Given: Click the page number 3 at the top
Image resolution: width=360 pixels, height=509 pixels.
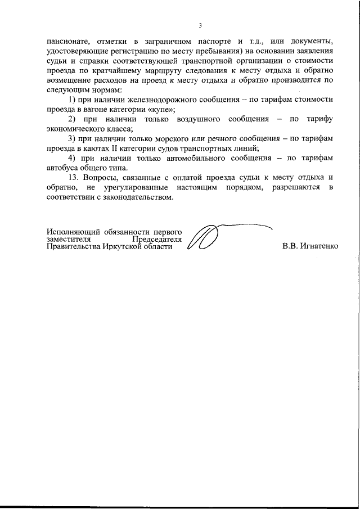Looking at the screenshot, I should coord(200,25).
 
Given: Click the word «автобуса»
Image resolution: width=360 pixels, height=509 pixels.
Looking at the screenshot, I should coord(63,169).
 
